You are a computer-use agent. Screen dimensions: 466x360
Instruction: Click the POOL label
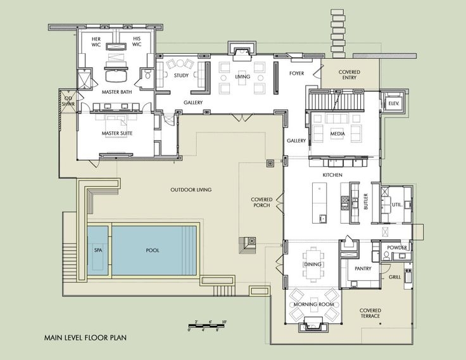(153, 250)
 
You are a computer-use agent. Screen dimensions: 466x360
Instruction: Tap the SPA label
(98, 250)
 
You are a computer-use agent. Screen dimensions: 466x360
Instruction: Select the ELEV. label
(393, 103)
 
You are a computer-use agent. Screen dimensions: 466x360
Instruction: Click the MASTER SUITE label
(117, 133)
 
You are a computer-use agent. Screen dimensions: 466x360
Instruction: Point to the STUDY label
(181, 75)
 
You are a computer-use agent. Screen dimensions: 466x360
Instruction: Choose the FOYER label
(296, 73)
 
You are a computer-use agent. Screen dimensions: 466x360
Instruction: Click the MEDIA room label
(337, 134)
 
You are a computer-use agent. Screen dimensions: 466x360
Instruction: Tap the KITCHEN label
(332, 175)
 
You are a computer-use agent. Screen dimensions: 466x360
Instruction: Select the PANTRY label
(363, 268)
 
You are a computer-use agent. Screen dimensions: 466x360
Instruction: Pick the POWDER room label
(397, 248)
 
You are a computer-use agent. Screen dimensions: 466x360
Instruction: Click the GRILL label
(394, 277)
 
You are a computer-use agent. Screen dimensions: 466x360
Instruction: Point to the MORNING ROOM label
(314, 304)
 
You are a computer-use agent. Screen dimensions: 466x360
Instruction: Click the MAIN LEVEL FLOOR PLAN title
(85, 338)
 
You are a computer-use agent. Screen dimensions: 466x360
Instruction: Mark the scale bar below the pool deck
(207, 326)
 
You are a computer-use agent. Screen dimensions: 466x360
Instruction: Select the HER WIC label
(96, 42)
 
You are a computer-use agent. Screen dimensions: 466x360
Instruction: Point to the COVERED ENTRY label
(349, 75)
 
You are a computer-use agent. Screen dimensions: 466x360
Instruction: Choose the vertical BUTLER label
(366, 202)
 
